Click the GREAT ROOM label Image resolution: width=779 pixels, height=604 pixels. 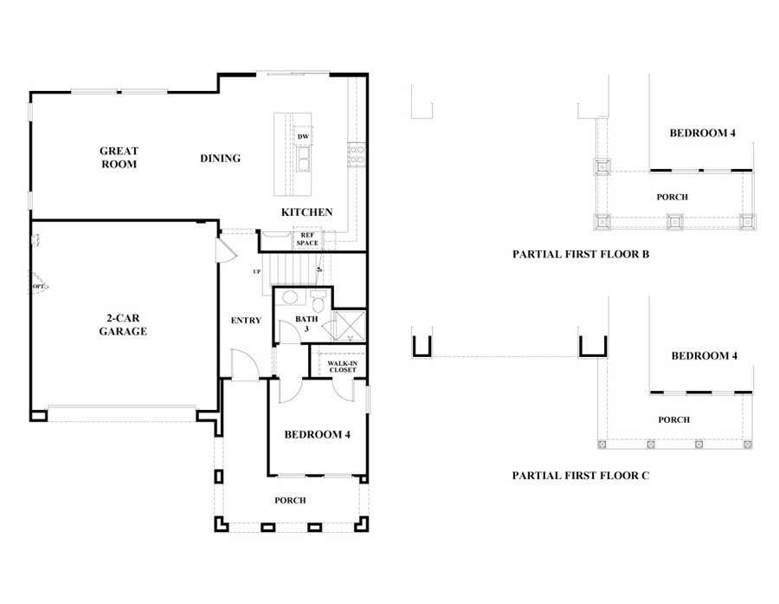coord(119,158)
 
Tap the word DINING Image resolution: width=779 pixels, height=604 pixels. coord(220,159)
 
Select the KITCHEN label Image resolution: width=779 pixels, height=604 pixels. coord(306,212)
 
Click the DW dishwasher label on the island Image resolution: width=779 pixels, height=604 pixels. coord(303,137)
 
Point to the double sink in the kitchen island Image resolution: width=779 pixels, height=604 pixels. coord(304,159)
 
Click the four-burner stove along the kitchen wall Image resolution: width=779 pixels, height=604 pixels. coord(356,154)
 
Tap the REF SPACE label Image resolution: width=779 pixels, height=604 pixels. coord(307,239)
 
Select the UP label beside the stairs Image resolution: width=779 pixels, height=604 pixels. coord(256,272)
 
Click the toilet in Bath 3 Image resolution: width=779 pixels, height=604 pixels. coord(318,302)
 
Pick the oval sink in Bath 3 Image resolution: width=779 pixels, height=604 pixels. coord(291,300)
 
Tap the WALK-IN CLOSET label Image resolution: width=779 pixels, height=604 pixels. coord(342,367)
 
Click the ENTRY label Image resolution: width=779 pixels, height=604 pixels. coord(246,321)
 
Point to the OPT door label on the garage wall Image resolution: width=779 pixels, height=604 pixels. coord(39,286)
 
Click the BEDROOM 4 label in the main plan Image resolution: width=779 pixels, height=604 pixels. coord(317,435)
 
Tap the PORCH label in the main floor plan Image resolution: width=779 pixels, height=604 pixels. coord(290,501)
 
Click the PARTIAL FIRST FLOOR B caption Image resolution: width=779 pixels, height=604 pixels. coord(580,255)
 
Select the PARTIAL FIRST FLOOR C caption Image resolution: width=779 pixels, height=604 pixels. coord(580,476)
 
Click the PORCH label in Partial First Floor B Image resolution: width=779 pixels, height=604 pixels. coord(672,198)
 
